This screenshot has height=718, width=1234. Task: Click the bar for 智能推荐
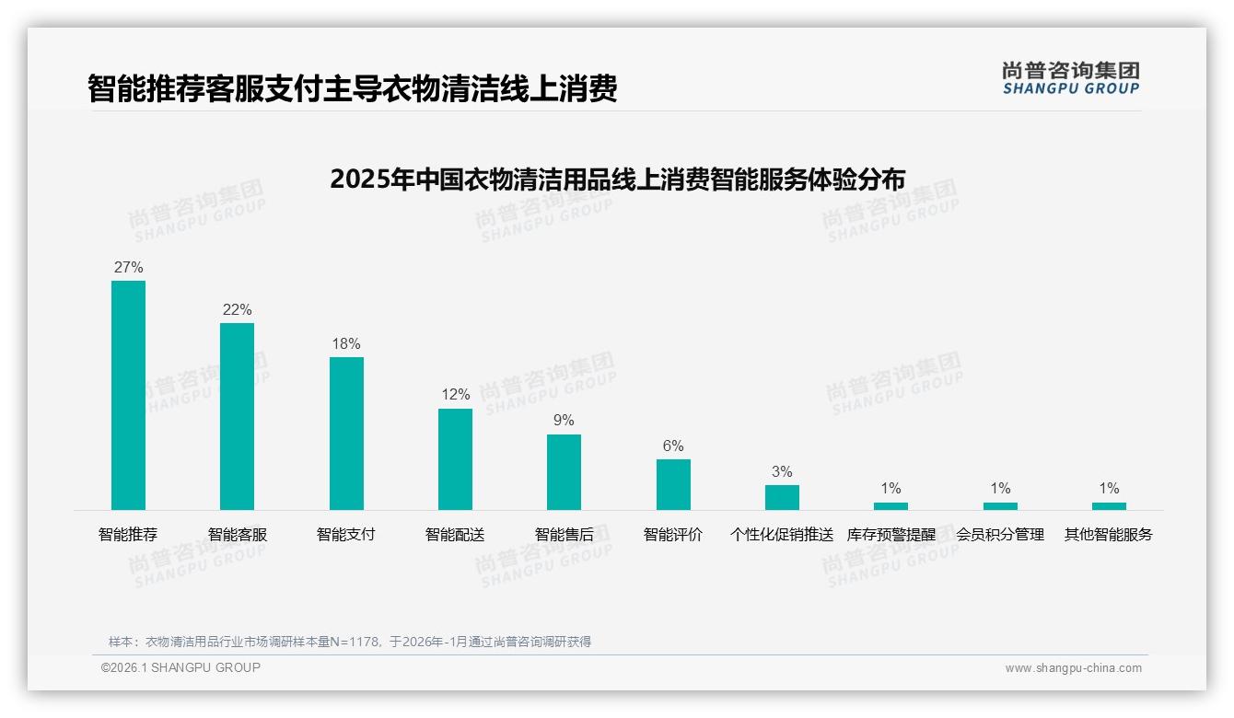128,395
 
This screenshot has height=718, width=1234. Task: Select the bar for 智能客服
237,416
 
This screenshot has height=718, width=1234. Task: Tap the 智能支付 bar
346,433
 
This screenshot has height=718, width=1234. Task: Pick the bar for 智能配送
455,458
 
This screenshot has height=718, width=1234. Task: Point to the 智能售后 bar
564,471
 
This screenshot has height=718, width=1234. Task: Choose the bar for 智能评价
673,484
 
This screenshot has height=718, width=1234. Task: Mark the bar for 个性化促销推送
782,497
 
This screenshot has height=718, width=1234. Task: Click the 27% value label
128,268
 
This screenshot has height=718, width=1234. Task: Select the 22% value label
237,310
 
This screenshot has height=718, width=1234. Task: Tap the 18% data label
346,344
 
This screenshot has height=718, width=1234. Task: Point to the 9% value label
564,421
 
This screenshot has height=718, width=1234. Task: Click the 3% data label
782,472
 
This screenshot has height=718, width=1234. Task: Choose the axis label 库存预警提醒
891,535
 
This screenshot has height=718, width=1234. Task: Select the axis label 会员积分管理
1000,535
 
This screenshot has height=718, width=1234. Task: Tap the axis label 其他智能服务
1109,535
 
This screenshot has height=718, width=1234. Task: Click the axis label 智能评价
673,535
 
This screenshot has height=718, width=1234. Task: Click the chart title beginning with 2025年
617,179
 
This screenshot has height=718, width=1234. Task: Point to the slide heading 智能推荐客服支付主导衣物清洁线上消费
352,89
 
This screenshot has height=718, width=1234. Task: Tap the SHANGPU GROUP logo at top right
1070,78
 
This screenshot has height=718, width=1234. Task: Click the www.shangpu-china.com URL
1073,668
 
